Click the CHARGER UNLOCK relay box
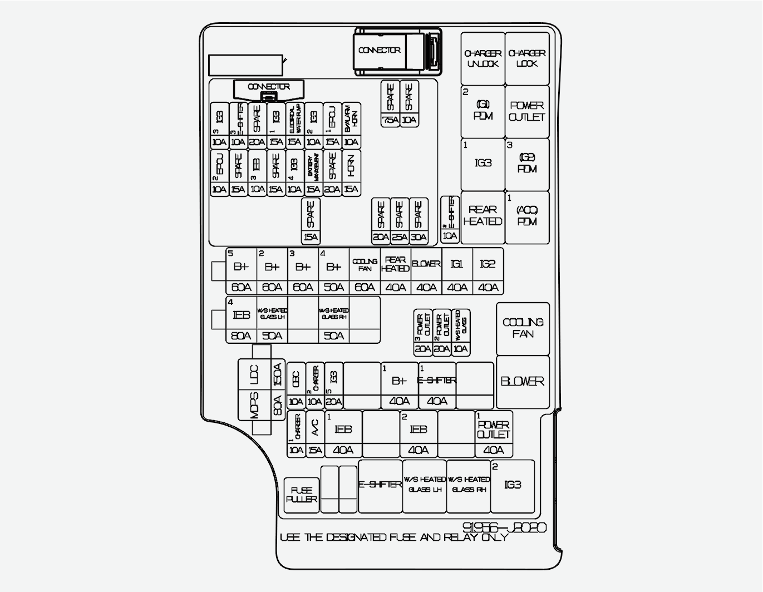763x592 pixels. point(483,58)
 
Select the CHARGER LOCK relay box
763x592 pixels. point(526,58)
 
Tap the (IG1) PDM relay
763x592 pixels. point(483,111)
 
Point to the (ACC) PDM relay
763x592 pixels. point(526,216)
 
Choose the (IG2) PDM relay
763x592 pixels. point(526,164)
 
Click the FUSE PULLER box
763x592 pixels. point(302,495)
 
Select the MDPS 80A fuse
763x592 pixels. point(262,405)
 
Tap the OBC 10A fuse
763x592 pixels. point(296,386)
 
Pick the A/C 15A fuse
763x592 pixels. point(314,435)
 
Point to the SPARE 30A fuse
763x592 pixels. point(419,221)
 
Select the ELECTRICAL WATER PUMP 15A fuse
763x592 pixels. point(294,125)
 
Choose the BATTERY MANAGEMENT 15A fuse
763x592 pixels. point(313,172)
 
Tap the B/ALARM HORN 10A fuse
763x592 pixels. point(351,125)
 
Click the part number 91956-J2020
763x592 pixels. point(504,527)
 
